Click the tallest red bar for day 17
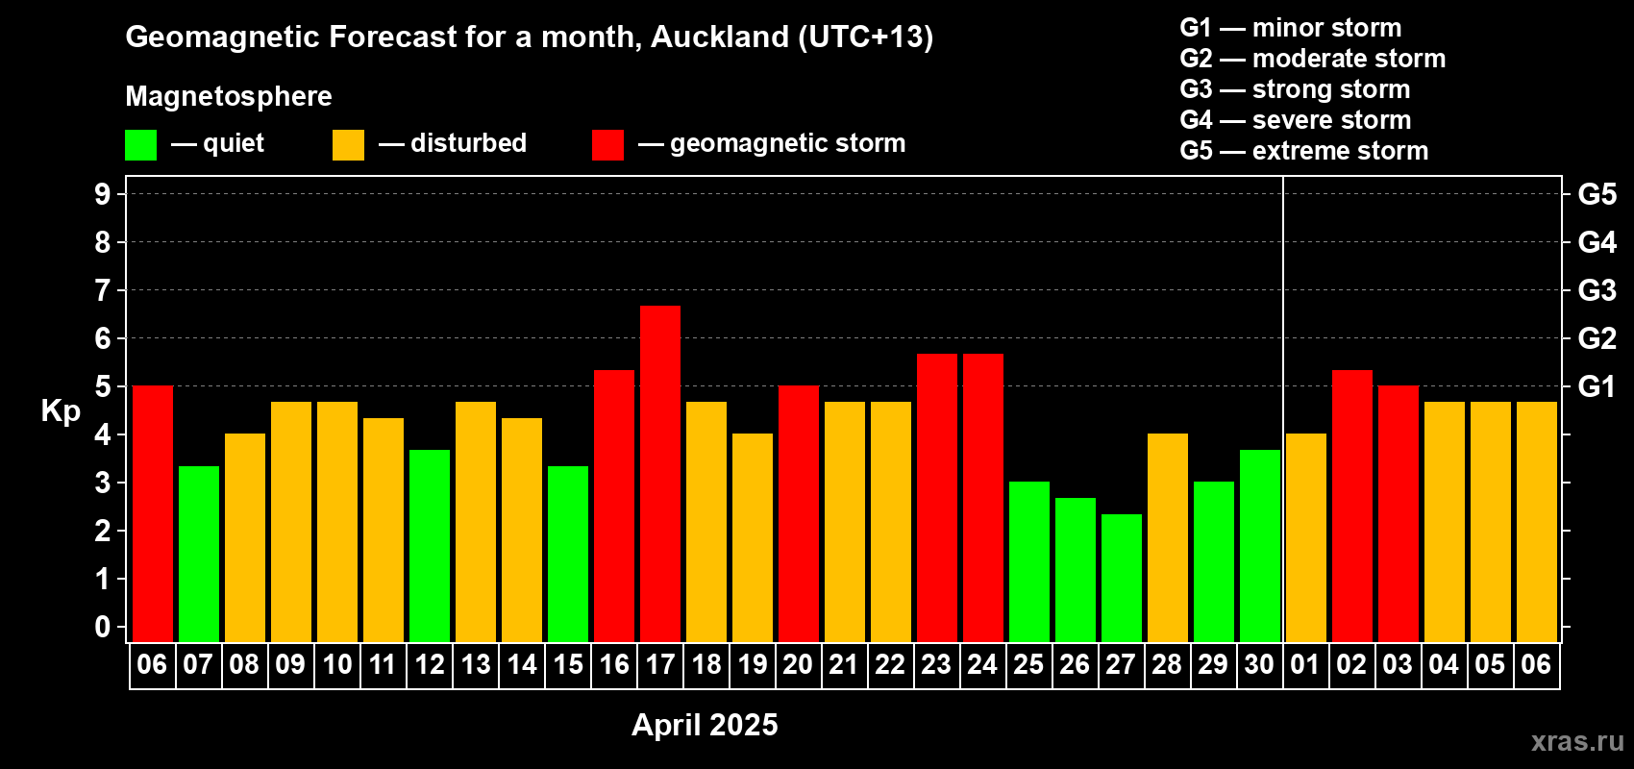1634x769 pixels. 660,474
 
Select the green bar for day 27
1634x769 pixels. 1121,578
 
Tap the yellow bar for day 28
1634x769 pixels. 1167,537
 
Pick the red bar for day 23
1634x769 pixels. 936,498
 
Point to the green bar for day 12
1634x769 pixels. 430,546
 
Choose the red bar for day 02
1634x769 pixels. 1351,506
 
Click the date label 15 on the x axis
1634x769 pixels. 568,664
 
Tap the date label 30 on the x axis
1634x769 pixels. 1260,664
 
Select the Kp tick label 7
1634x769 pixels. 102,290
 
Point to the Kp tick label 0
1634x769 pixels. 102,627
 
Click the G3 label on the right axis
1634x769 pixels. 1597,290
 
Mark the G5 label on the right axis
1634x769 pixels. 1597,194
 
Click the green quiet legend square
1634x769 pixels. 140,144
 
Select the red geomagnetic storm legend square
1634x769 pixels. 607,144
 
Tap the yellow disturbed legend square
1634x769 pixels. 348,144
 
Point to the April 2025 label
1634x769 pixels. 705,725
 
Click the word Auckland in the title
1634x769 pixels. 720,37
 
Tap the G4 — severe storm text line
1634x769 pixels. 1296,119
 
